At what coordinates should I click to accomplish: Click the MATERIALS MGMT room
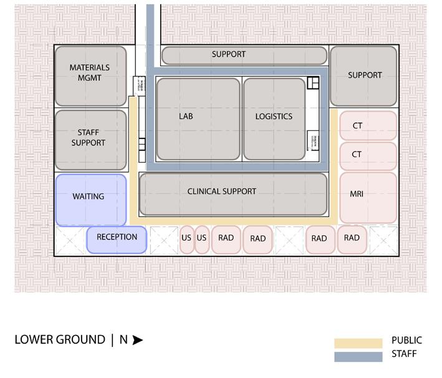(x=90, y=75)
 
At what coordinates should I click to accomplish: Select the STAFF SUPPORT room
(x=90, y=140)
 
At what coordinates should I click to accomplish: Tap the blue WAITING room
(x=90, y=200)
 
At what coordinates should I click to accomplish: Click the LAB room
(x=198, y=119)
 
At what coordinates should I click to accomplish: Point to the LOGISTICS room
(x=275, y=119)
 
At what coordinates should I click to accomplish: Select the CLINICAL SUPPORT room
(x=233, y=194)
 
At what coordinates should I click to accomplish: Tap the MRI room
(x=368, y=197)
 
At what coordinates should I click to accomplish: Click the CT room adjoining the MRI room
(x=368, y=155)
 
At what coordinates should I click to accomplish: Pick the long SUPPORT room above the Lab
(x=244, y=55)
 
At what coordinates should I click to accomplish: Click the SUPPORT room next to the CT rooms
(x=364, y=75)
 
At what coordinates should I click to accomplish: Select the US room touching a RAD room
(x=201, y=240)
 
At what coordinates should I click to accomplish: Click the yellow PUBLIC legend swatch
(x=358, y=343)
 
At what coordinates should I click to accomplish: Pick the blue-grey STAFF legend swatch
(x=358, y=357)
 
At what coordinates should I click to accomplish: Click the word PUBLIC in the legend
(x=406, y=341)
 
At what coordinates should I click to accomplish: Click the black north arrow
(x=138, y=340)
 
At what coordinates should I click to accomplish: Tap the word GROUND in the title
(x=81, y=340)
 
